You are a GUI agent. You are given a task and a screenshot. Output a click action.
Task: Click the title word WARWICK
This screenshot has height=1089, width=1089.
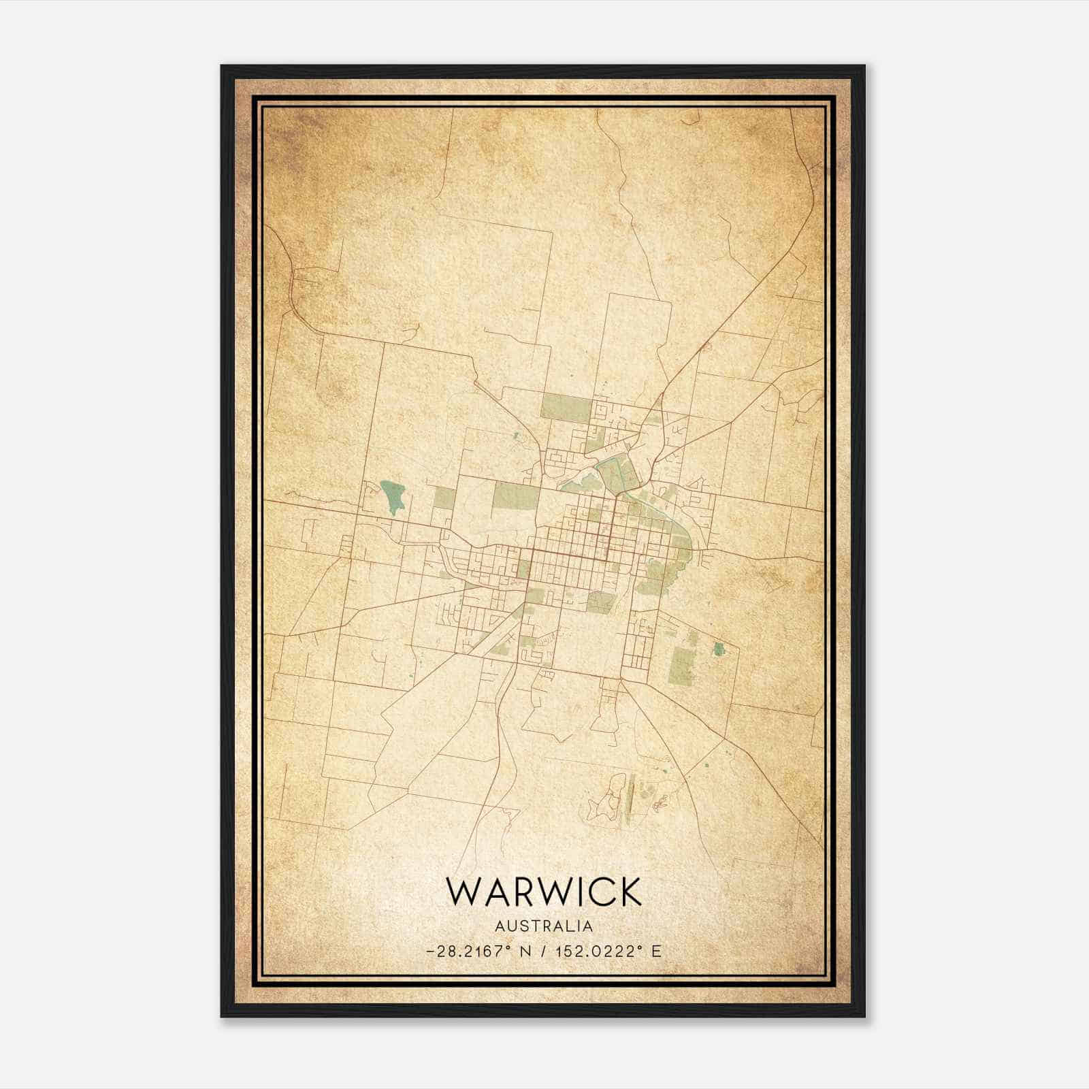pyautogui.click(x=543, y=892)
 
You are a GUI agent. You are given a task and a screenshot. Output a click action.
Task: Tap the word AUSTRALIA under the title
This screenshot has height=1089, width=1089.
pyautogui.click(x=544, y=926)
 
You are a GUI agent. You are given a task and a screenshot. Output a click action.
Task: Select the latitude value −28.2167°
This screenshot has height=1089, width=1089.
pyautogui.click(x=469, y=952)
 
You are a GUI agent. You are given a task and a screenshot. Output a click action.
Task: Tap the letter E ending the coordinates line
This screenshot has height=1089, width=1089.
pyautogui.click(x=656, y=952)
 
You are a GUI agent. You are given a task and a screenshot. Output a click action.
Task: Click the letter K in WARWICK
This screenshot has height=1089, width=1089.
pyautogui.click(x=629, y=892)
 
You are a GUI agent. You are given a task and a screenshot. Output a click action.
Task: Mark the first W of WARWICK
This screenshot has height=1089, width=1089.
pyautogui.click(x=461, y=892)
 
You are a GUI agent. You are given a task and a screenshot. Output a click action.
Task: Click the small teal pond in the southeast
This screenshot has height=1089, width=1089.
pyautogui.click(x=717, y=649)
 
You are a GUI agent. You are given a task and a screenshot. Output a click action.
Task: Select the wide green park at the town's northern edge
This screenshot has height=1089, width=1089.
pyautogui.click(x=565, y=408)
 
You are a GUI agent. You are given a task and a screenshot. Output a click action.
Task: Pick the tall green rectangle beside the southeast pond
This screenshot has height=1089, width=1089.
pyautogui.click(x=681, y=665)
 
